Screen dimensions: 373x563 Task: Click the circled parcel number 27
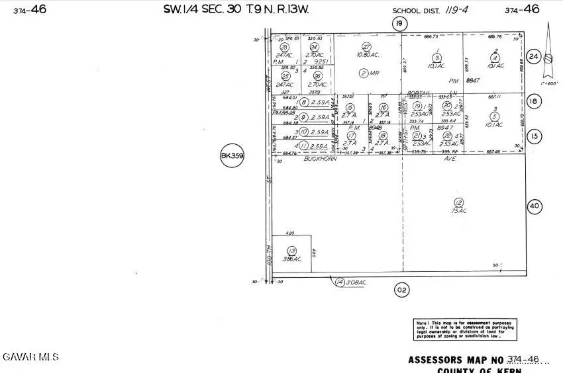click(365, 46)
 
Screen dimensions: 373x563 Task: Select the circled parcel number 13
click(292, 250)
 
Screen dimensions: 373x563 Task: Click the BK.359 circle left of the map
click(232, 157)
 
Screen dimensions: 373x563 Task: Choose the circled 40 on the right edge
click(534, 206)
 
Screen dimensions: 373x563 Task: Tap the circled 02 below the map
click(400, 289)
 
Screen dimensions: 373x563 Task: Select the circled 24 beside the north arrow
click(534, 56)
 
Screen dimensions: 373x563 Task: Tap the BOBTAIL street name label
click(419, 93)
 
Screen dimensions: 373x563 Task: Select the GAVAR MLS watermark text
click(30, 356)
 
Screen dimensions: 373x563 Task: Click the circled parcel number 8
click(304, 102)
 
